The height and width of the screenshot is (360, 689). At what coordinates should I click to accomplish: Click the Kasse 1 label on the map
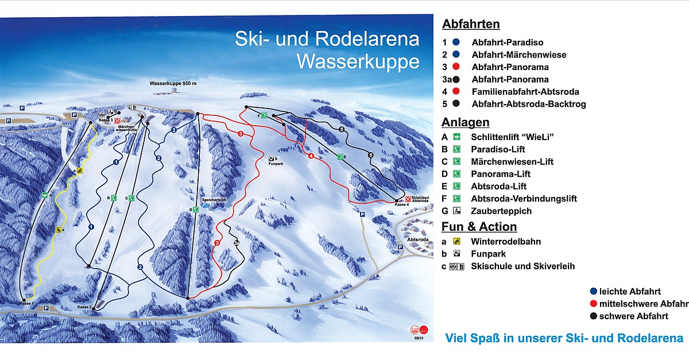pos(26,303)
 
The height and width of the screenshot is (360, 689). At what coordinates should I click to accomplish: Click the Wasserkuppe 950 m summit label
pos(173,84)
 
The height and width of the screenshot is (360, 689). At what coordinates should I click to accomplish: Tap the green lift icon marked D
pos(196,210)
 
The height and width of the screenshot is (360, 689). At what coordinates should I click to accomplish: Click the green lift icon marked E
pos(340,156)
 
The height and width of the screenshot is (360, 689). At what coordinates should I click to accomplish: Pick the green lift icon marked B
pos(114,198)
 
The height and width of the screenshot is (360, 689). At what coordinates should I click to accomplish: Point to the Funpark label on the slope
pos(276,162)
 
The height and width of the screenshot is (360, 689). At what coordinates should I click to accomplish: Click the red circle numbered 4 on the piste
pos(311,156)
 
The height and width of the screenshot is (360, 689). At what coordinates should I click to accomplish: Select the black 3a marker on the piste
pos(237,243)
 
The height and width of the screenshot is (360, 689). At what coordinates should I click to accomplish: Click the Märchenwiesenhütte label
pos(128,129)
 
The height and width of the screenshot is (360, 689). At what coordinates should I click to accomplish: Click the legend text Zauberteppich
pos(501,211)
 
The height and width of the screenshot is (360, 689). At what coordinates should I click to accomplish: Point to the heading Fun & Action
pos(479,227)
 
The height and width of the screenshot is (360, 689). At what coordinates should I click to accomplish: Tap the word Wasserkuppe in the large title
pos(357,61)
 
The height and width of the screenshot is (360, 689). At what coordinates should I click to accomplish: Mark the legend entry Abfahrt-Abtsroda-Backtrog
pos(528,104)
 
